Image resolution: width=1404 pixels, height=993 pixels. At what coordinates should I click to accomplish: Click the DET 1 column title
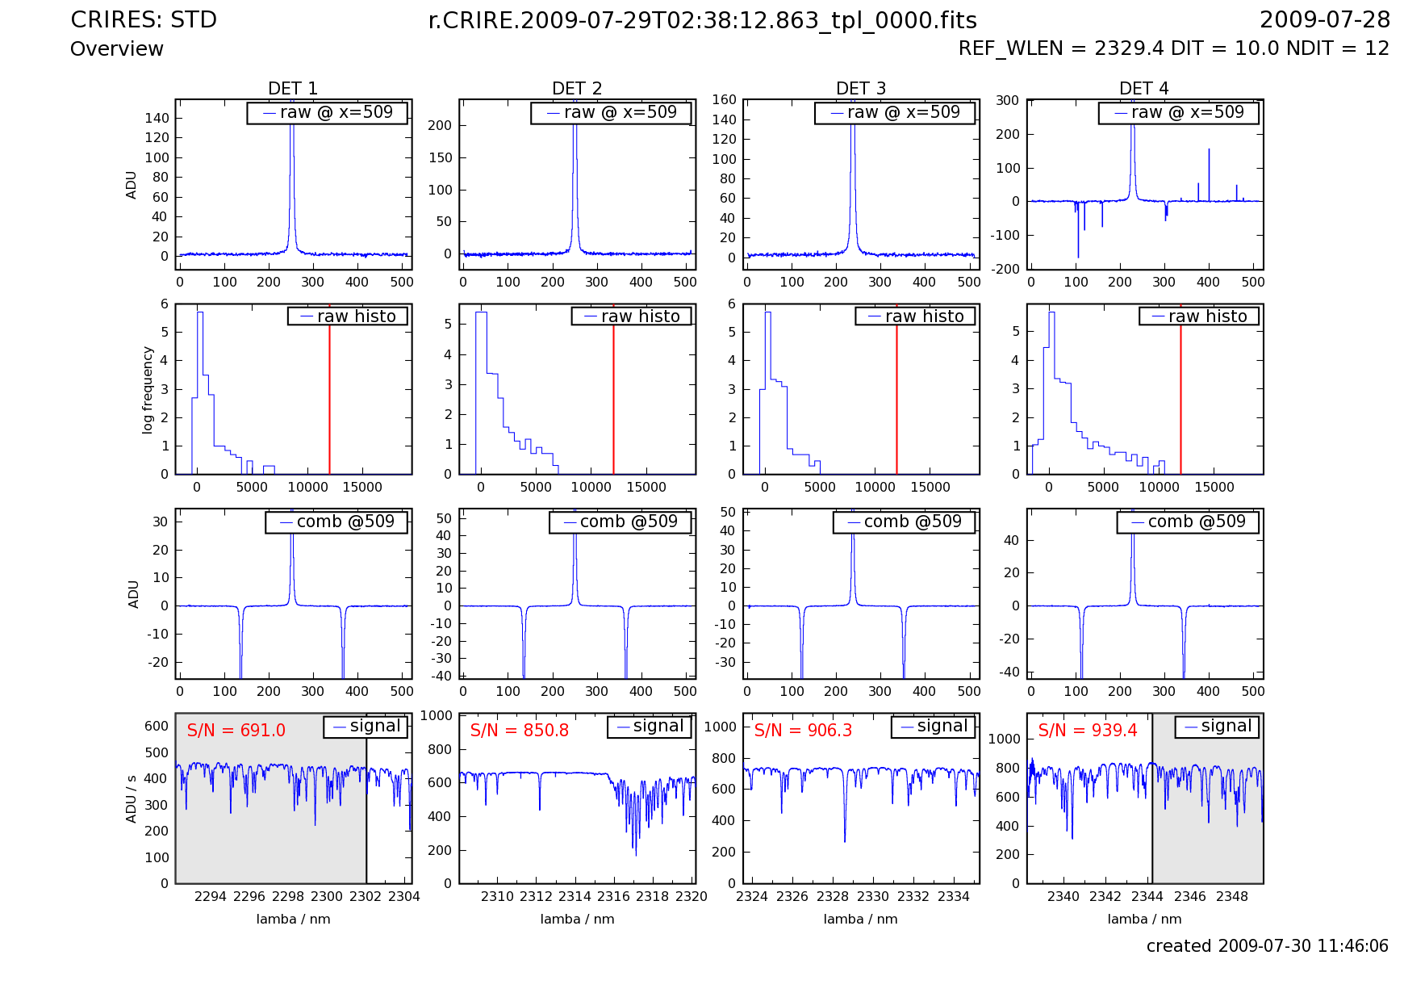[293, 88]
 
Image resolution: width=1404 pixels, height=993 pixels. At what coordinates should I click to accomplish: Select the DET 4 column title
[1143, 88]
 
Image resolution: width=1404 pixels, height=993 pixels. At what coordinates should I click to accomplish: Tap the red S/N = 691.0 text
[236, 731]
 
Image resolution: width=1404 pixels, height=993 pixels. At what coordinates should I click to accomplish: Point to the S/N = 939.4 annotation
[1087, 731]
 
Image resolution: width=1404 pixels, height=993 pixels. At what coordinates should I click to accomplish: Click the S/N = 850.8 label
[519, 731]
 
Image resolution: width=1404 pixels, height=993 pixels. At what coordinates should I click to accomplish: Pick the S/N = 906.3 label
[803, 731]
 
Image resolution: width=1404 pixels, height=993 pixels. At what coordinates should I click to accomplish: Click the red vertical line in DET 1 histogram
[329, 388]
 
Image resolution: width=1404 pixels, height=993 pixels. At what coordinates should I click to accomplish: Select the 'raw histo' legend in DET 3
[915, 316]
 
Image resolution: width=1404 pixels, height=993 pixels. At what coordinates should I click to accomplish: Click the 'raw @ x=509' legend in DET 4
[1178, 113]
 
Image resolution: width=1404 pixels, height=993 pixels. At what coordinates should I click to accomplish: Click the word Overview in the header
[117, 49]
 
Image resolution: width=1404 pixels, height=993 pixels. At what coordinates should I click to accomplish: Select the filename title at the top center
[702, 21]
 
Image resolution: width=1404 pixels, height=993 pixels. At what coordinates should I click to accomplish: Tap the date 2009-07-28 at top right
[1324, 20]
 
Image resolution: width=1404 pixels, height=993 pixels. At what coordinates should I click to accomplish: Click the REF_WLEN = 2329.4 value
[1061, 48]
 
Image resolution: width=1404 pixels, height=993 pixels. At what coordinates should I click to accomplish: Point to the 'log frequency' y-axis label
[148, 390]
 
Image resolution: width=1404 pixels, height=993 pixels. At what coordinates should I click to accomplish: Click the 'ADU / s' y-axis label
[131, 798]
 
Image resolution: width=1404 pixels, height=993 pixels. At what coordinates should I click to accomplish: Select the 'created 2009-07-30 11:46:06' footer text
[1267, 946]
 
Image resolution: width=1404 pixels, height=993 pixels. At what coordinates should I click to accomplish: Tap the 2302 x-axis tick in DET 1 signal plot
[366, 896]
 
